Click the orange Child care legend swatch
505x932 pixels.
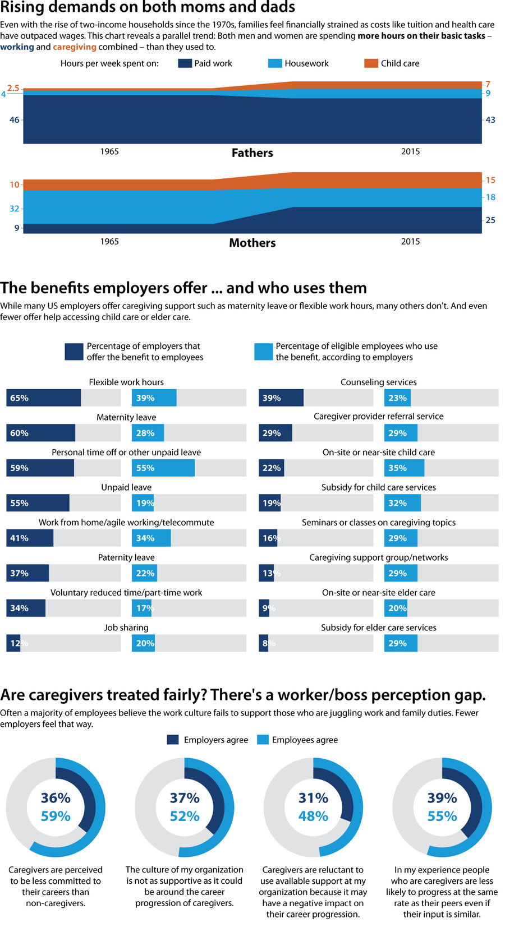[x=371, y=63]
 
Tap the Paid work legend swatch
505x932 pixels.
[x=185, y=63]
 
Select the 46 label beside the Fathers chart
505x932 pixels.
[x=15, y=119]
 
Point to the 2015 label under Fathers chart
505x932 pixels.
[x=410, y=151]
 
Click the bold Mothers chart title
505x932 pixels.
[x=252, y=243]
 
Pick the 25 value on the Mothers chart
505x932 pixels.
[x=490, y=220]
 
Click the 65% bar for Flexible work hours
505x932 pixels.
[x=44, y=398]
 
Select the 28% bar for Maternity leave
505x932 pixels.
[x=148, y=433]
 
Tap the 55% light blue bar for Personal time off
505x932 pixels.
[x=163, y=468]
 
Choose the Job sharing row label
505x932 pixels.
[x=126, y=628]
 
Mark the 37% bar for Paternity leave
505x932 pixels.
[x=27, y=573]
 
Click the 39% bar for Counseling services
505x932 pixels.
[x=281, y=398]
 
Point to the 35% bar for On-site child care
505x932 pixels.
[x=405, y=468]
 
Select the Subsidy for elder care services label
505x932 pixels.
[x=379, y=628]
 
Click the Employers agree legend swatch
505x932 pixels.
[x=173, y=740]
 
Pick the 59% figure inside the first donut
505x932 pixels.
[x=56, y=816]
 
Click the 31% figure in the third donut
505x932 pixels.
[x=313, y=797]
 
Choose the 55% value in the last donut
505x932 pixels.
[x=442, y=816]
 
